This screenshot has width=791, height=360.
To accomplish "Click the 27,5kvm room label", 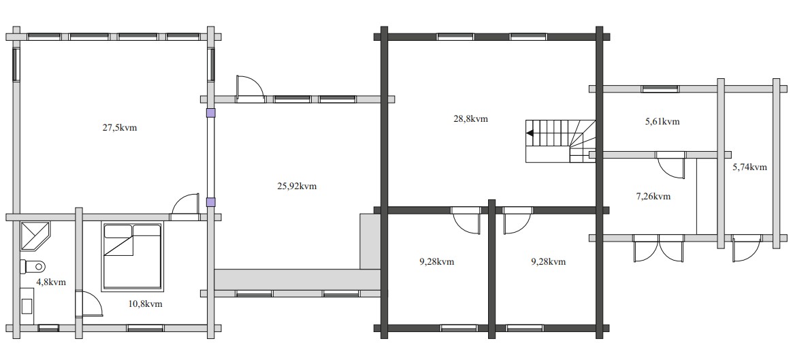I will coord(120,128).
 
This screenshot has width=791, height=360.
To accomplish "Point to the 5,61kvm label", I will coord(662,122).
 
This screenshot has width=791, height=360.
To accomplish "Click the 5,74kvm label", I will coord(749,167).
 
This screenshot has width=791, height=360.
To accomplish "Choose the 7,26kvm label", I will coord(653,197).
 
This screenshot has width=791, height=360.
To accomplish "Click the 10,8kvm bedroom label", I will coord(144,304).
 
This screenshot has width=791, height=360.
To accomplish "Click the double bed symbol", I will coord(133,256).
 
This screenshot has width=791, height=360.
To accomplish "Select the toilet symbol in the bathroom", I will coord(33,265).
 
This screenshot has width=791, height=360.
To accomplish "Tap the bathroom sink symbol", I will coord(28,301).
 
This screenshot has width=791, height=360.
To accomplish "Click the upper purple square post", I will coord(210,113).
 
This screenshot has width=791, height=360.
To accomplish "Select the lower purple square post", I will coord(210,201).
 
